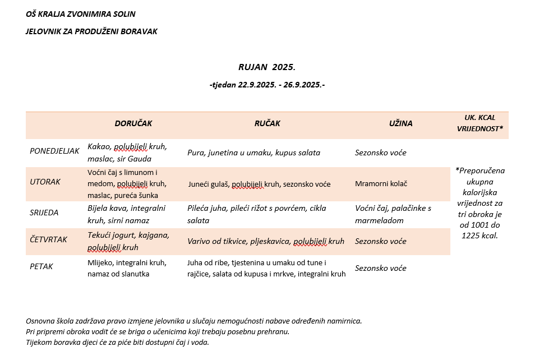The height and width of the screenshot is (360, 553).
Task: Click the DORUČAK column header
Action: tap(133, 123)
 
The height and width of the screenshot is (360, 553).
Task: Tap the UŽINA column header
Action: tap(401, 123)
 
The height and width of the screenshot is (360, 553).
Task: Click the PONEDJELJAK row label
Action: tap(54, 151)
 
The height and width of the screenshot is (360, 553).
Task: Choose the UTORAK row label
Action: tap(45, 182)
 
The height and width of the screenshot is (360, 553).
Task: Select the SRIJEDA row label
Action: tap(44, 213)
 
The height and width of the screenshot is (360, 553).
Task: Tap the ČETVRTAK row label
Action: tap(48, 240)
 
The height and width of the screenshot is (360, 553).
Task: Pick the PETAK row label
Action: tap(42, 266)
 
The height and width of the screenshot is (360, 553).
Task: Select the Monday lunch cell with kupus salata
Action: tap(254, 153)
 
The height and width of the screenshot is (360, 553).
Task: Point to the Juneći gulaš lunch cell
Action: tap(259, 184)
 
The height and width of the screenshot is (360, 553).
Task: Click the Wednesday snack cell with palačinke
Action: tap(393, 214)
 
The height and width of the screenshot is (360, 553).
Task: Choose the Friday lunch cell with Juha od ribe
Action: tap(266, 268)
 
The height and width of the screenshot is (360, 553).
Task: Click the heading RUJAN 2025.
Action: tap(266, 67)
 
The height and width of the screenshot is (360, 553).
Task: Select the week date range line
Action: tap(267, 85)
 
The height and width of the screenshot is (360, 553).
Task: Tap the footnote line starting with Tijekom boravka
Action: tap(117, 342)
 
